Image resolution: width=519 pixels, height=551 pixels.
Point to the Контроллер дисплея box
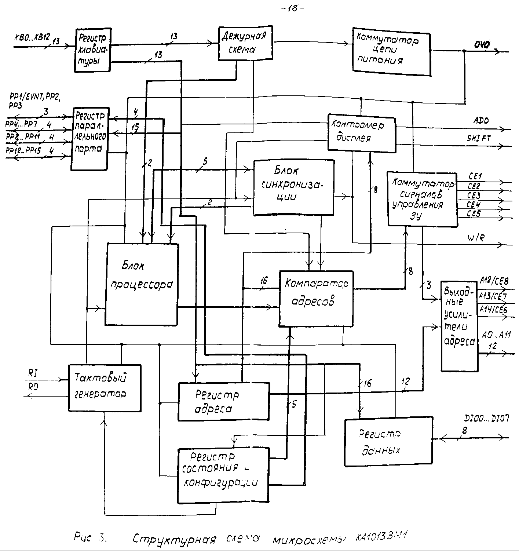pos(361,132)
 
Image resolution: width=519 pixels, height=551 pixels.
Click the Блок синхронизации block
pos(293,187)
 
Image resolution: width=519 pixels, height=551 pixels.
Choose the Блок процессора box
pos(142,284)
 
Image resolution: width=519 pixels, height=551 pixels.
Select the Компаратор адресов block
pos(316,298)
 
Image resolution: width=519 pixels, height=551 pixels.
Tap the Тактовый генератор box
pos(105,387)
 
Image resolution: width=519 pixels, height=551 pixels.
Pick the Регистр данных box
pos(388,441)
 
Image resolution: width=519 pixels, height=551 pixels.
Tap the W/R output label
pos(476,238)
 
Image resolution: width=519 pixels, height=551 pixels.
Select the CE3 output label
pos(474,195)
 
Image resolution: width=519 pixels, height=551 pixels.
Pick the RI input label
pos(32,373)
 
